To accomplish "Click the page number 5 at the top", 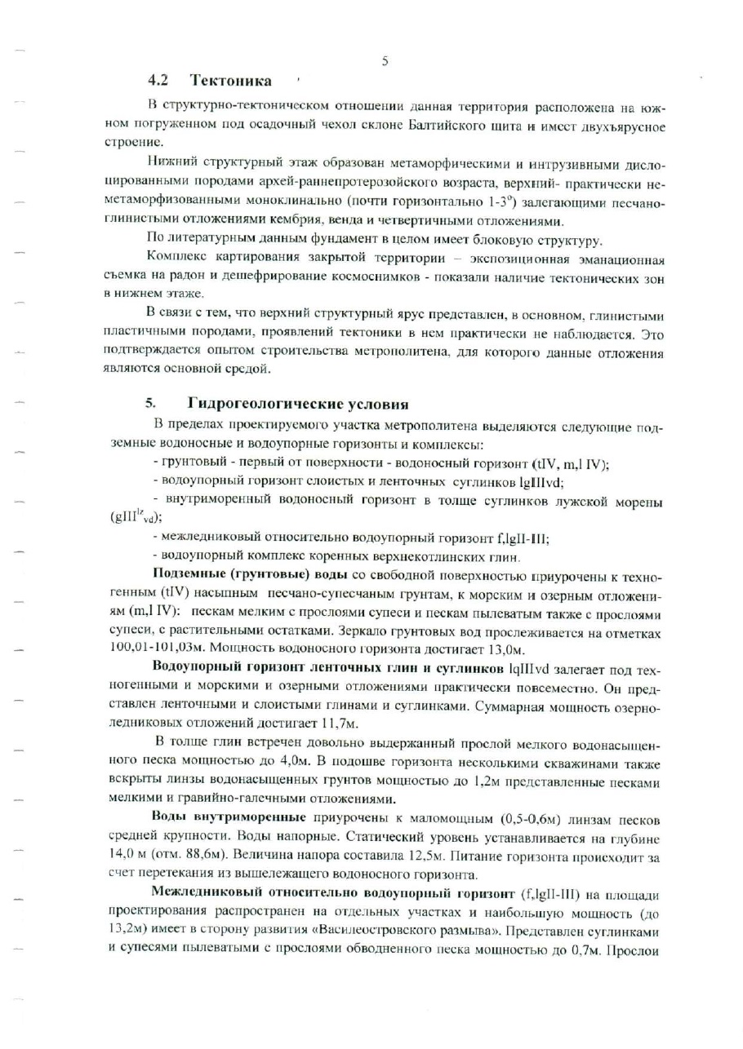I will tap(384, 59).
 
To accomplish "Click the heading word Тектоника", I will tap(231, 81).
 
